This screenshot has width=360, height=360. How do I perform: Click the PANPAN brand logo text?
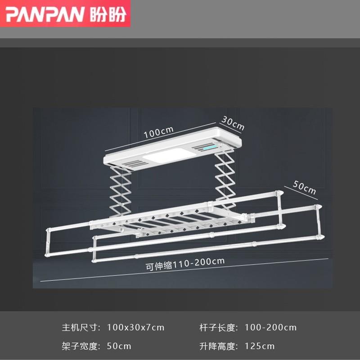(45, 14)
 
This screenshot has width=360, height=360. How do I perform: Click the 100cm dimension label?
(158, 132)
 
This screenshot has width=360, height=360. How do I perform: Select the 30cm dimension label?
(233, 123)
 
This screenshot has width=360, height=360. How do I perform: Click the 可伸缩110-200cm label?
(185, 263)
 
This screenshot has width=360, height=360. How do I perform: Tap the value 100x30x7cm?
(136, 328)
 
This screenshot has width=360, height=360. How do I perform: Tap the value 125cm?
(260, 346)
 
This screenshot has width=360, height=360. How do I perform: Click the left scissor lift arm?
(121, 189)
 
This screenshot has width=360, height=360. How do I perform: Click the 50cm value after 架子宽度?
(119, 346)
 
